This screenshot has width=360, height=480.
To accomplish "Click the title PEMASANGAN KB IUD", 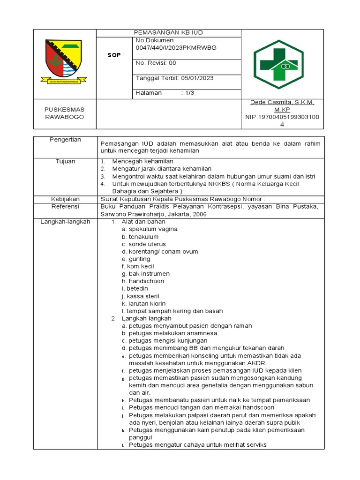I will (x=168, y=32).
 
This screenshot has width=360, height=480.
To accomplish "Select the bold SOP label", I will (x=114, y=55).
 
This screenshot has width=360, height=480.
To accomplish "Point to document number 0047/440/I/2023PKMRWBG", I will (x=176, y=48).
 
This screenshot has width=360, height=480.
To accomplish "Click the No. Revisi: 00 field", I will (x=156, y=63).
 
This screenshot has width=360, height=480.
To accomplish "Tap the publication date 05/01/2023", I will (x=197, y=78).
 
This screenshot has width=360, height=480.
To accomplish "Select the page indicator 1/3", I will (x=189, y=93).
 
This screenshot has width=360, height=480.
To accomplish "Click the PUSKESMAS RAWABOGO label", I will (x=64, y=113).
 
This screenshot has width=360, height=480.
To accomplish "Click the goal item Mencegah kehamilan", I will (x=139, y=161).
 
